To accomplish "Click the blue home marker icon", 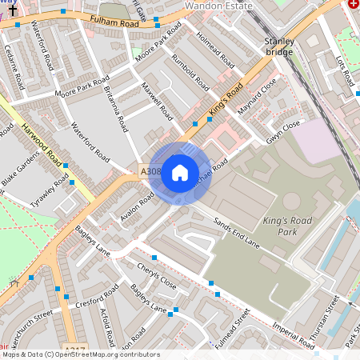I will [180, 173].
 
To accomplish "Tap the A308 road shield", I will [150, 172].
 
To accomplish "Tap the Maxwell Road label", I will [157, 100].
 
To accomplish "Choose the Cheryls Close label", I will [156, 275].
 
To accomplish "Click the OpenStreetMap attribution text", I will [80, 354].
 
